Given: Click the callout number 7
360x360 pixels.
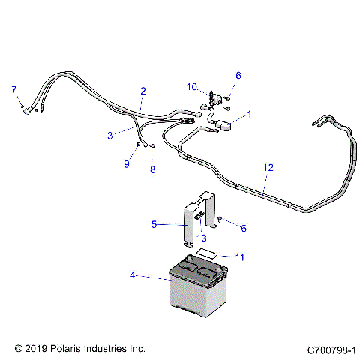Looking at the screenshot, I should [x=13, y=90].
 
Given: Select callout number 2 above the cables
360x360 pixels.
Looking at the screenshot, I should [x=142, y=91].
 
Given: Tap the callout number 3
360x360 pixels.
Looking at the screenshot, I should [x=109, y=135].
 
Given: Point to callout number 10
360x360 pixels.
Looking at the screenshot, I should [x=191, y=87].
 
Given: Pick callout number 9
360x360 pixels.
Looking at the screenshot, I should [x=127, y=163].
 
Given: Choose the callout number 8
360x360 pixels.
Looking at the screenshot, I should [x=152, y=169].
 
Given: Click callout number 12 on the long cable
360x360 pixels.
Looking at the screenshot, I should [x=267, y=170].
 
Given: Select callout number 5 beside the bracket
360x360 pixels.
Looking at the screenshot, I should [x=154, y=223].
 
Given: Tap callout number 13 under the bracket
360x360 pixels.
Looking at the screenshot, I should [x=201, y=238].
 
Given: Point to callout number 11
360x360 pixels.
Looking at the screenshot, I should [x=241, y=257].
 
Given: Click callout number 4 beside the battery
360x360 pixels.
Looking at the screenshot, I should [x=134, y=275].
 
